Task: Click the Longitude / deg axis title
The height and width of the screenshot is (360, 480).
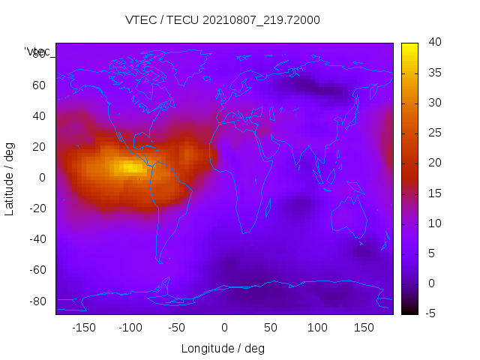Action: pos(223,349)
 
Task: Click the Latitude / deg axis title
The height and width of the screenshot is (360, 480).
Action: pos(10,178)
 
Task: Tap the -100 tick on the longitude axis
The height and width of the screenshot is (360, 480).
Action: pos(130,328)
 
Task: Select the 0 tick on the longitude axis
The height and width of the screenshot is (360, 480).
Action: pos(224,328)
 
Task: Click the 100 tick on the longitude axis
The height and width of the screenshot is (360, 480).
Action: pos(317,328)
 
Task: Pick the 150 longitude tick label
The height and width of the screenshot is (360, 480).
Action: pos(364,328)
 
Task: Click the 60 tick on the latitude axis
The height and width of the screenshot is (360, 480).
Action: pos(39,85)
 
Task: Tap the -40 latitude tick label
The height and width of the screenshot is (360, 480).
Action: pos(37,239)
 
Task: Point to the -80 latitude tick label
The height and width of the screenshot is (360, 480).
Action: pos(37,301)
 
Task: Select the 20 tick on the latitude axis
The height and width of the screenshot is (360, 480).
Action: pos(39,147)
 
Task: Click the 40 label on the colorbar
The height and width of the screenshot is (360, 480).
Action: pos(433,43)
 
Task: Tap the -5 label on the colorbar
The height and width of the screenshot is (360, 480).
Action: pos(430,313)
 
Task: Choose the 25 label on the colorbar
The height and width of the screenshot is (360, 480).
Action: pos(433,133)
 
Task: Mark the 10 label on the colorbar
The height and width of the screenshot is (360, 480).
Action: pos(433,223)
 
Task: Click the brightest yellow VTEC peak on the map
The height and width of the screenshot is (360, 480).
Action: pos(131,167)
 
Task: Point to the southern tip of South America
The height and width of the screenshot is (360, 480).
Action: pos(160,261)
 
